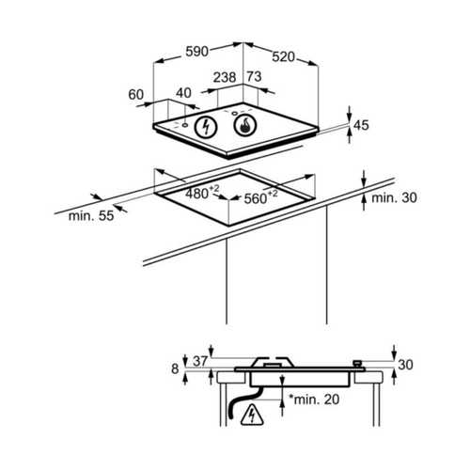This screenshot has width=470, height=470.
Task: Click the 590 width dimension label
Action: coord(196,52)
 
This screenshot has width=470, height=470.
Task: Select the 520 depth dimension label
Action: coord(283,57)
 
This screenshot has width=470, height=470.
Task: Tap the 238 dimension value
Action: coord(225,77)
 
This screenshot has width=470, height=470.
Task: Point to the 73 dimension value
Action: coord(254,76)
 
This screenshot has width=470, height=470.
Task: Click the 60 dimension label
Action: coord(136,95)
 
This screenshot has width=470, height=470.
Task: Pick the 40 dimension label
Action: coord(183,93)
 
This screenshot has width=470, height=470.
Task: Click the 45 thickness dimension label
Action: coord(361,125)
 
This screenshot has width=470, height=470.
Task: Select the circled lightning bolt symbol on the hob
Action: coord(206,127)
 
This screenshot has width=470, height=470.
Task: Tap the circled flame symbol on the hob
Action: coord(245,125)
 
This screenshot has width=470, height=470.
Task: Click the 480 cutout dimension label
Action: coord(202,193)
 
